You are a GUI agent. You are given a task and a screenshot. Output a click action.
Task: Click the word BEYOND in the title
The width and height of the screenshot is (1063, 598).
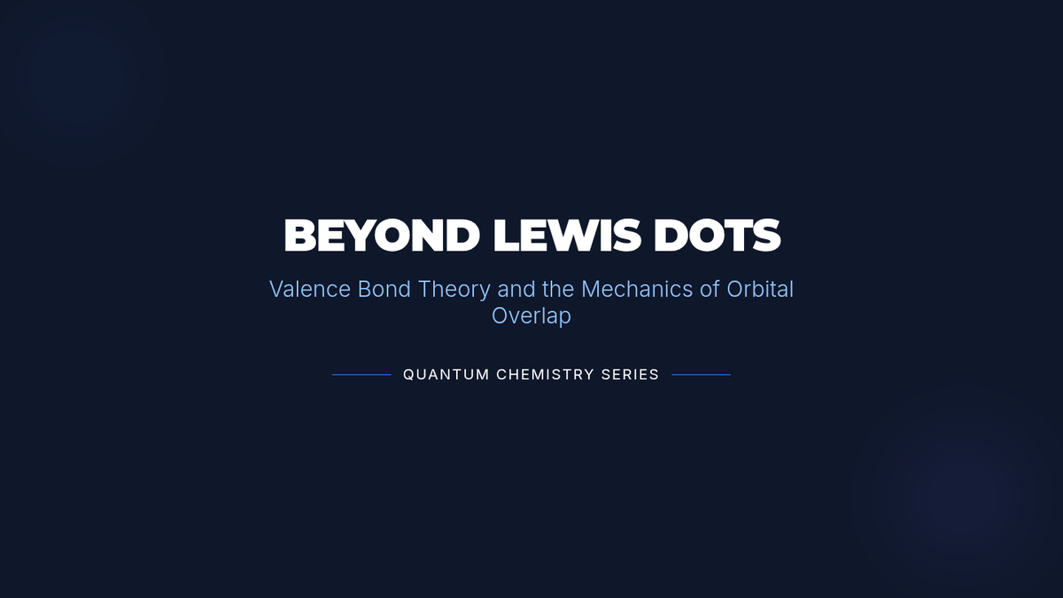pos(382,236)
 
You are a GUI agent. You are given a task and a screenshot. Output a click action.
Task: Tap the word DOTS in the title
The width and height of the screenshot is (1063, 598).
pos(717,236)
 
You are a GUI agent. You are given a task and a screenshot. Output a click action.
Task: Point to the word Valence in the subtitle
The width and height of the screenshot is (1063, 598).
pos(310,289)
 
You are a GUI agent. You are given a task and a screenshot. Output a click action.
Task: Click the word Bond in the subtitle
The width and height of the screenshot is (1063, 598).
pos(384,289)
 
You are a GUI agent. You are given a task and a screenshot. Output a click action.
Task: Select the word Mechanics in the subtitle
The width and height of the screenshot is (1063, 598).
pos(637,289)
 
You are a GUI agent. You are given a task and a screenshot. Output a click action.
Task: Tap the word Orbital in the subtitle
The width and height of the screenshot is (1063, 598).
pos(760,289)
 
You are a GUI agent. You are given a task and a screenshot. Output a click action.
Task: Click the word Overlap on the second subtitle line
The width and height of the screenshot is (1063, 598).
pos(531,316)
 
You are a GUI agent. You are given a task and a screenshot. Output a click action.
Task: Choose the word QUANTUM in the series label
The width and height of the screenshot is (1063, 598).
pos(446,375)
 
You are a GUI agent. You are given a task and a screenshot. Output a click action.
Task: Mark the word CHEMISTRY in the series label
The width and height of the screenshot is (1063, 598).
pos(546,375)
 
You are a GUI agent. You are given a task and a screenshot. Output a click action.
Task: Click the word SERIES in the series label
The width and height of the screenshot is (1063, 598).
pos(630,375)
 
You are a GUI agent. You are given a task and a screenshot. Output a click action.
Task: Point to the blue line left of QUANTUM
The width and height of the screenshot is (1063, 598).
pos(361,375)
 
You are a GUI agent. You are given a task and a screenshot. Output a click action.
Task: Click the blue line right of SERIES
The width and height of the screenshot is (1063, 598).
pos(702,375)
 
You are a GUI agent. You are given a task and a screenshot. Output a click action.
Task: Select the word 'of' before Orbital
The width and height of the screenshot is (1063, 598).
pos(710,289)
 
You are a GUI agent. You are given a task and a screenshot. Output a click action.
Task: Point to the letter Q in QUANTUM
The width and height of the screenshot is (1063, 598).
pos(408,375)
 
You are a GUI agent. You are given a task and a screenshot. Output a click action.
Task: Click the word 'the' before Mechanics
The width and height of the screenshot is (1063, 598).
pos(558,289)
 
